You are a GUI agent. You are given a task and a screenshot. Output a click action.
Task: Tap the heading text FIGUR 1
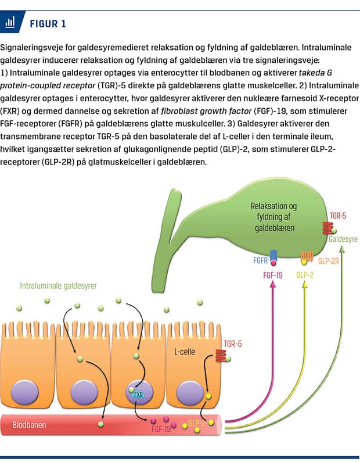tap(48, 23)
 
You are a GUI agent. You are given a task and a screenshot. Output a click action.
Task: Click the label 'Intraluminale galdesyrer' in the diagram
tap(58, 286)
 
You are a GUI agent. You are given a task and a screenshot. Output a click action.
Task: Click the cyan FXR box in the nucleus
tap(138, 395)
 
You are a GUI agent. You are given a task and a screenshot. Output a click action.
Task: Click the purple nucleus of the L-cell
tap(192, 391)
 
